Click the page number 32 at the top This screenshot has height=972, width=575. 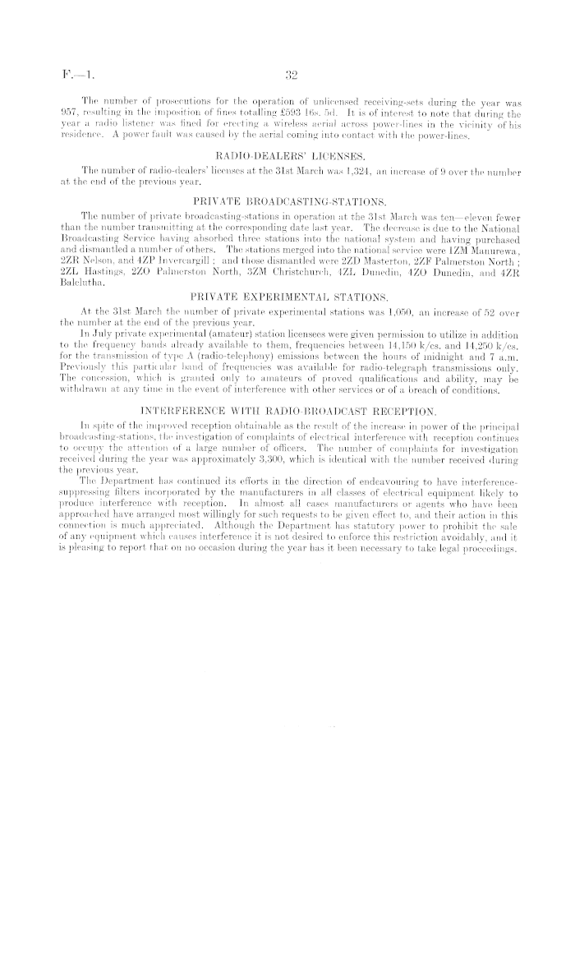tap(289, 76)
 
